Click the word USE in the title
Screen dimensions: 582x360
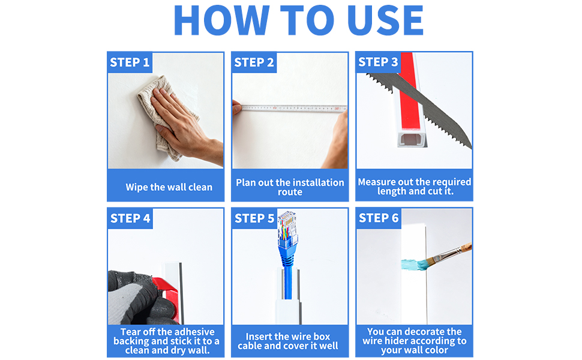pyautogui.click(x=385, y=20)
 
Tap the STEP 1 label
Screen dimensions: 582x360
pyautogui.click(x=130, y=62)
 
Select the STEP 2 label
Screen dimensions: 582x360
pyautogui.click(x=254, y=62)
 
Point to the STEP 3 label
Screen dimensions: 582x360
pyautogui.click(x=378, y=62)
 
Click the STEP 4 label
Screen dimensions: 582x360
pyautogui.click(x=130, y=218)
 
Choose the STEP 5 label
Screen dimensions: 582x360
pyautogui.click(x=254, y=218)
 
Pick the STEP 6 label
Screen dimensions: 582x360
pyautogui.click(x=379, y=218)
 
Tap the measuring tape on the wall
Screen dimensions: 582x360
pyautogui.click(x=293, y=109)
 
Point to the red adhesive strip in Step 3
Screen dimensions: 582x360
pyautogui.click(x=409, y=89)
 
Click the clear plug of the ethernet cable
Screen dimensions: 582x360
pyautogui.click(x=287, y=228)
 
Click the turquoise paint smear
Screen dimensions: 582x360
pyautogui.click(x=413, y=265)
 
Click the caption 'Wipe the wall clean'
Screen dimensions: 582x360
pyautogui.click(x=169, y=187)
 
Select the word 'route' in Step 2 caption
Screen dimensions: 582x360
pyautogui.click(x=290, y=192)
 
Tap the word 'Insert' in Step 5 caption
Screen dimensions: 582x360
pyautogui.click(x=260, y=337)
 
